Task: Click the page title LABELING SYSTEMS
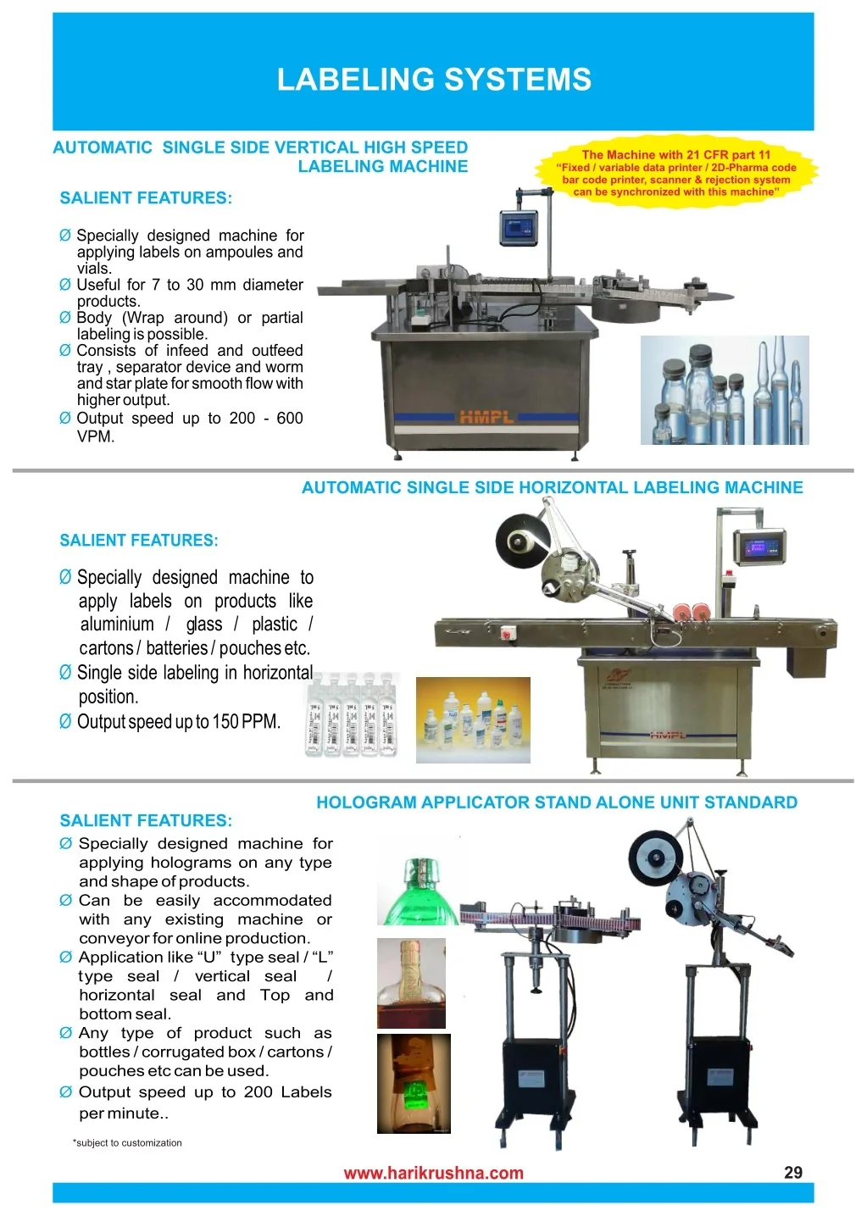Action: [434, 80]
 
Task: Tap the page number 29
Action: [792, 1173]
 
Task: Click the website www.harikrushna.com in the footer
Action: [433, 1174]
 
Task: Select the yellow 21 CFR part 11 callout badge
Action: [676, 173]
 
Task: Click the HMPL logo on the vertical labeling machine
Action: [486, 417]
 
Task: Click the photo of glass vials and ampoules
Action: [725, 390]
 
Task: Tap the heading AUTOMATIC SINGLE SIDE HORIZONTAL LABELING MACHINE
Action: [552, 488]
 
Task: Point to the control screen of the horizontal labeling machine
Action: [759, 547]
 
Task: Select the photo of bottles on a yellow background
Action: [473, 719]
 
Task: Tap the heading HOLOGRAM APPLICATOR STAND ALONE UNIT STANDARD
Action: [556, 802]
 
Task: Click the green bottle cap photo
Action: [418, 891]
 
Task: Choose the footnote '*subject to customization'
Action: [127, 1143]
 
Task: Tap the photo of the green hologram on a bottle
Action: [414, 1083]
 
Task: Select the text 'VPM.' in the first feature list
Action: [96, 437]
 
